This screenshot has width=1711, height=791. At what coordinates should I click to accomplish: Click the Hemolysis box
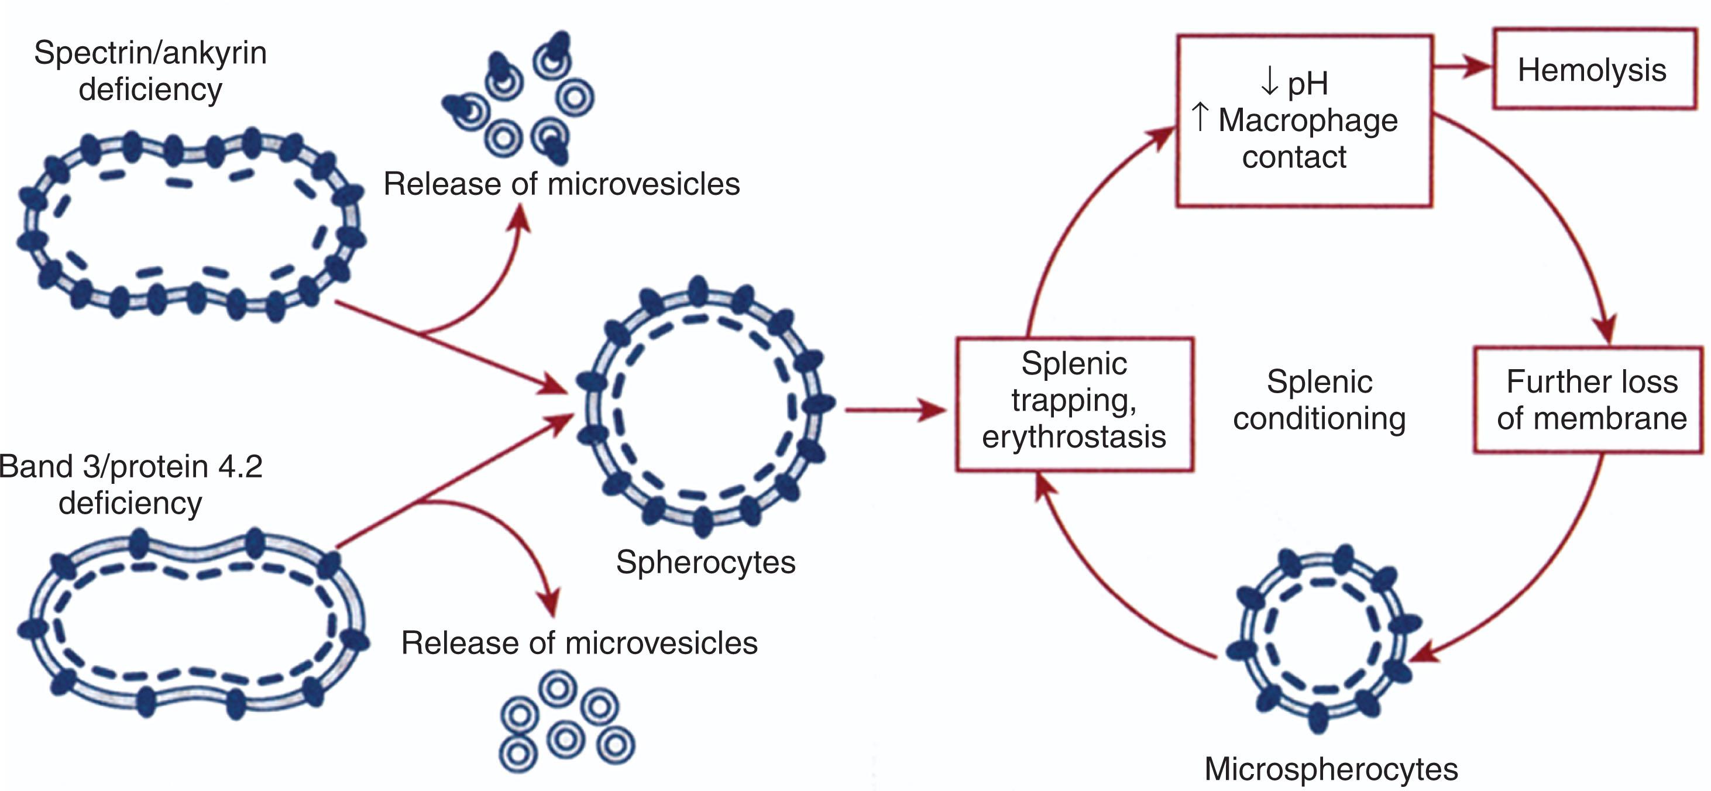pos(1593,69)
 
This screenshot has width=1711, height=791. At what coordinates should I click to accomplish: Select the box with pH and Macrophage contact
pos(1304,121)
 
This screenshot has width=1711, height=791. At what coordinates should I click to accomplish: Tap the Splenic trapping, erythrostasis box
pos(1074,404)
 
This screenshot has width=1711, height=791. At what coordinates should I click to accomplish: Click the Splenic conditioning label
pos(1319,400)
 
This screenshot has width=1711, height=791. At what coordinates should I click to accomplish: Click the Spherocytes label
pos(705,562)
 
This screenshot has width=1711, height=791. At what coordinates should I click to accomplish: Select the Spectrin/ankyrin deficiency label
pos(150,70)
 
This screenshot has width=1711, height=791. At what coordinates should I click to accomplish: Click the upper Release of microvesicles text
pos(561,184)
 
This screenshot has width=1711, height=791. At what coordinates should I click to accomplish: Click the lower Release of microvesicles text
pos(579,643)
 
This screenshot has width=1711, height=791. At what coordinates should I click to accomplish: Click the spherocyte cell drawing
pos(704,407)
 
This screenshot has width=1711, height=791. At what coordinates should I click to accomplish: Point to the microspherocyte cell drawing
pos(1322,639)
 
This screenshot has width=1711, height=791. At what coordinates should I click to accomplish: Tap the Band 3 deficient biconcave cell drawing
pos(193,623)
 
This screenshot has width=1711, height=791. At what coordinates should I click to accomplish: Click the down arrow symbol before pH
pos(1269,82)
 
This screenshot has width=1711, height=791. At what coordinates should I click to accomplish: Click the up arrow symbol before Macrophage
pos(1200,118)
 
